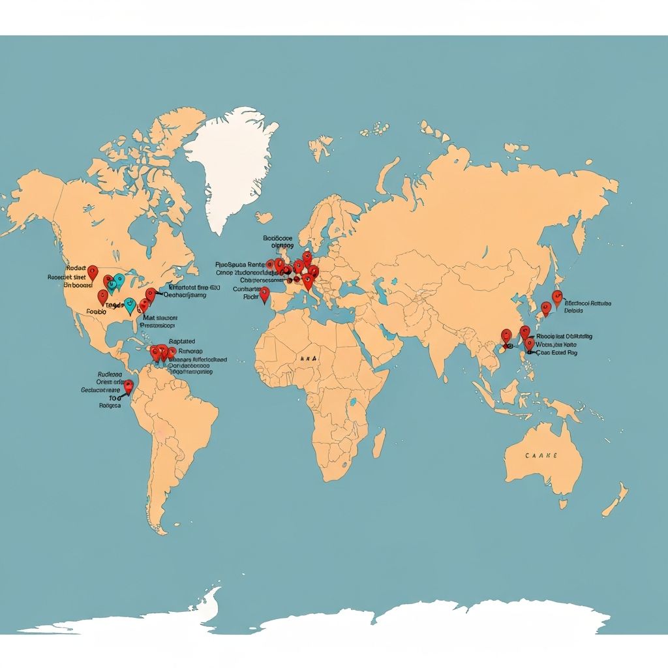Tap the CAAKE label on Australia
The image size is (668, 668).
click(541, 456)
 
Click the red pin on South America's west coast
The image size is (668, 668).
click(129, 386)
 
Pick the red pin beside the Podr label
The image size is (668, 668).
click(264, 294)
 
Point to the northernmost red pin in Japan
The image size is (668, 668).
click(556, 297)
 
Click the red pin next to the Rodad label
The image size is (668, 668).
click(93, 272)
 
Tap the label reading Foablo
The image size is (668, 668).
click(96, 312)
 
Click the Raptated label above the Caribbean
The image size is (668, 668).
click(181, 341)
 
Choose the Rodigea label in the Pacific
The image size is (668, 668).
click(110, 405)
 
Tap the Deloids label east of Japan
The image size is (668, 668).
click(574, 311)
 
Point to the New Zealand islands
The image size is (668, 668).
click(613, 502)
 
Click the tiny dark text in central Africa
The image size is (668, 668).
click(305, 359)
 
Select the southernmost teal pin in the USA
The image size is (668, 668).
click(130, 305)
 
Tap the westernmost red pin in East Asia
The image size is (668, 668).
click(506, 336)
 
